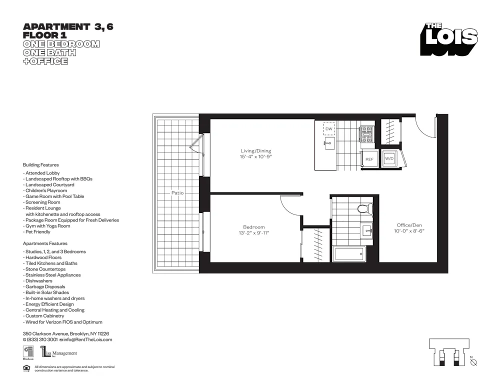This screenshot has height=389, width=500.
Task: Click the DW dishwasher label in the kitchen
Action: click(328, 129)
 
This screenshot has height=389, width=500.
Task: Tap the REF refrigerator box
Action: click(369, 159)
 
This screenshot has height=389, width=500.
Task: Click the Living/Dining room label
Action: click(255, 150)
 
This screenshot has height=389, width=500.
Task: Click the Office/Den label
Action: click(409, 225)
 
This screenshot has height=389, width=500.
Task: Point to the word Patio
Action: click(177, 192)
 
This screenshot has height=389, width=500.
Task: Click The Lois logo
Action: click(448, 39)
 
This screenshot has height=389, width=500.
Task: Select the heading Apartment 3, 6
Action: click(68, 27)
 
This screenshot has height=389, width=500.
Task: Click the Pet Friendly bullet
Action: click(37, 232)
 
